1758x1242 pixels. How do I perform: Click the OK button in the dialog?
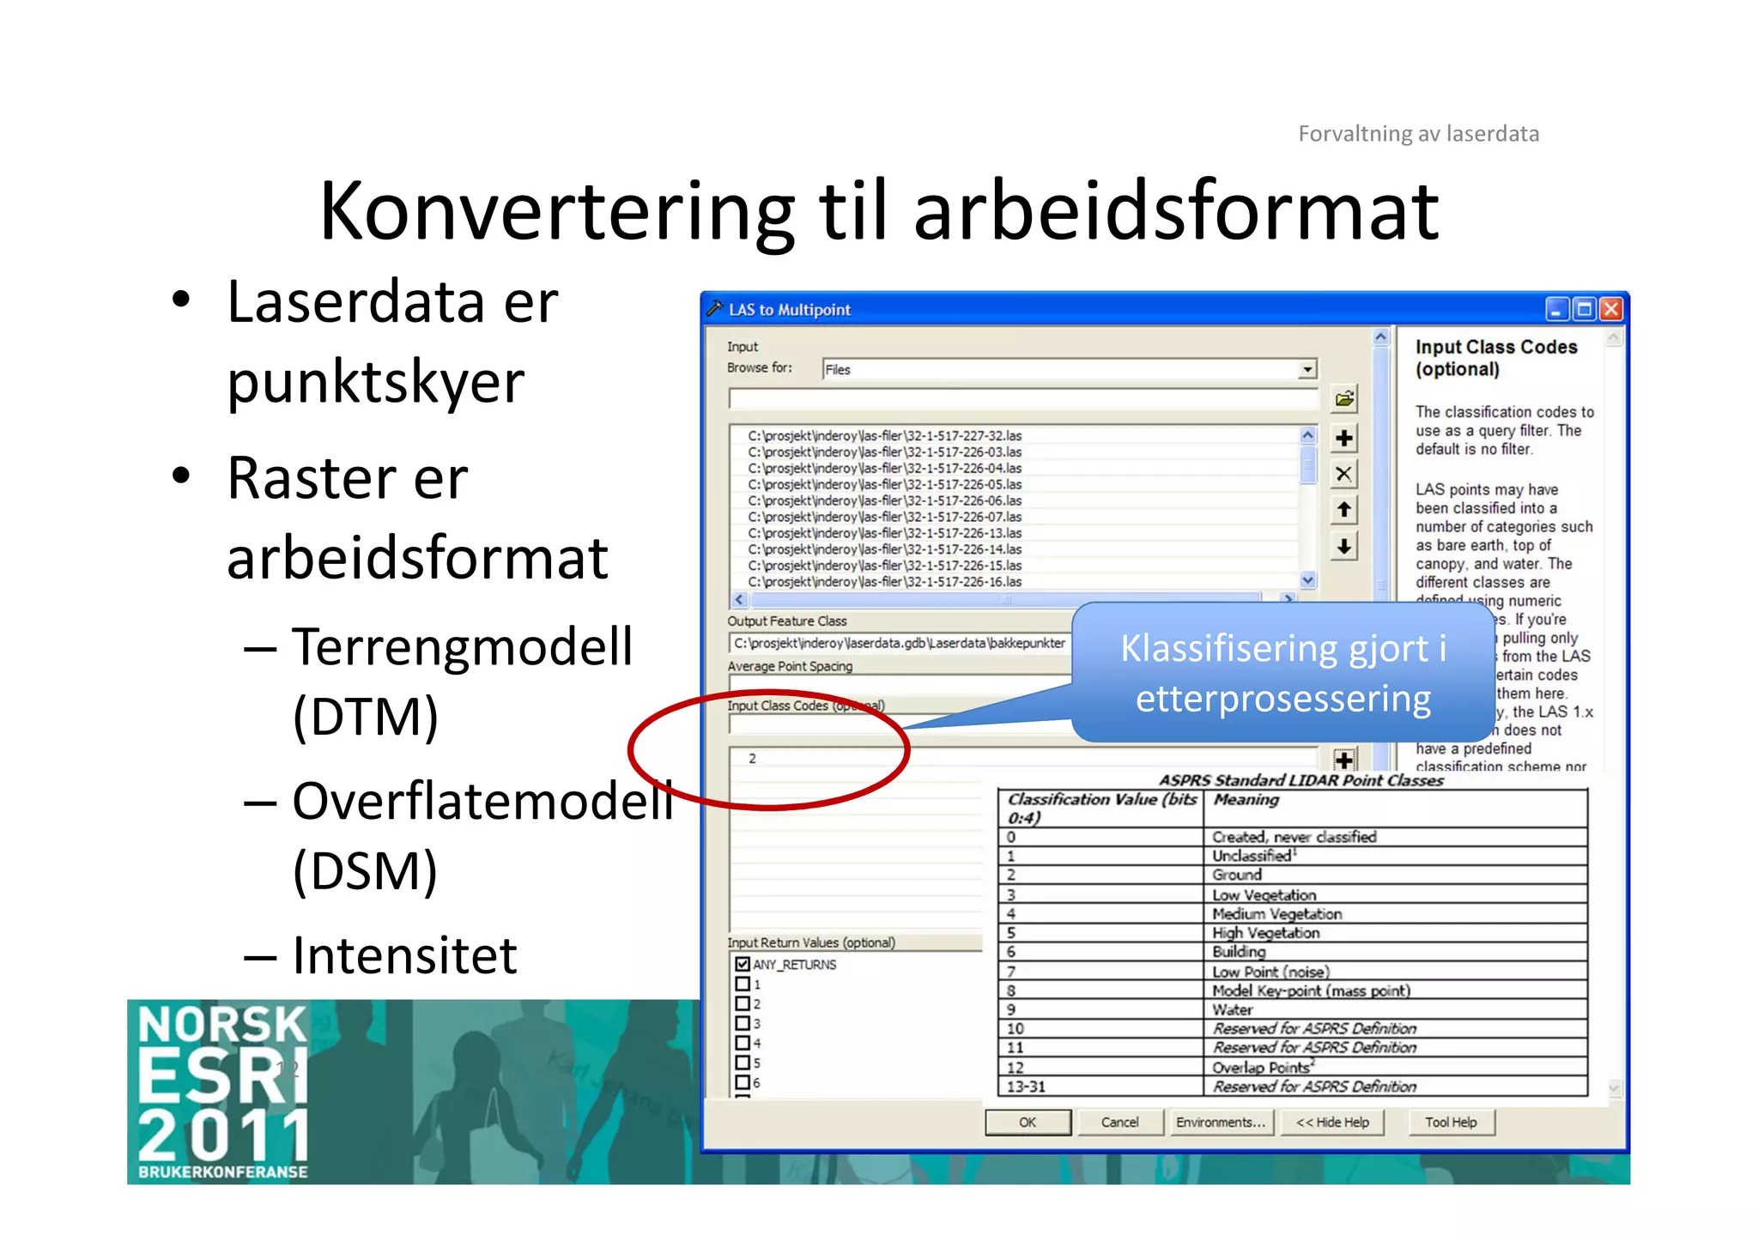pyautogui.click(x=1028, y=1122)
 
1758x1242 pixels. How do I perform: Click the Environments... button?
pyautogui.click(x=1220, y=1122)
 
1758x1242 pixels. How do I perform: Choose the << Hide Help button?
pyautogui.click(x=1332, y=1122)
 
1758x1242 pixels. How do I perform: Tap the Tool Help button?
pyautogui.click(x=1451, y=1122)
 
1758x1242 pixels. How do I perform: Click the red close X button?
pyautogui.click(x=1611, y=309)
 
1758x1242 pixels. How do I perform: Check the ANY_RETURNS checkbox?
pyautogui.click(x=743, y=965)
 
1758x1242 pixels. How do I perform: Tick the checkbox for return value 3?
pyautogui.click(x=743, y=1023)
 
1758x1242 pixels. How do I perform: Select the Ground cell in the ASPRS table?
pyautogui.click(x=1237, y=875)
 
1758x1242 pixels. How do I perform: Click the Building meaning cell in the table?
pyautogui.click(x=1239, y=951)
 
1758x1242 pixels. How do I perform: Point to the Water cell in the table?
pyautogui.click(x=1233, y=1009)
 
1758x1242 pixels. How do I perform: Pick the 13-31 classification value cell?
pyautogui.click(x=1026, y=1087)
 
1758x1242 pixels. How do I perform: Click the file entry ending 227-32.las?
pyautogui.click(x=885, y=436)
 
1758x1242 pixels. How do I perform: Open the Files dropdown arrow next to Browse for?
pyautogui.click(x=1306, y=370)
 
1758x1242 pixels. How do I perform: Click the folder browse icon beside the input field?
pyautogui.click(x=1344, y=399)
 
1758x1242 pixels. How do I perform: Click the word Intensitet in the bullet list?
pyautogui.click(x=404, y=955)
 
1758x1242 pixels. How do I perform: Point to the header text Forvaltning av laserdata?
pyautogui.click(x=1418, y=134)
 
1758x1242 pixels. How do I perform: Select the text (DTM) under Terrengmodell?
pyautogui.click(x=366, y=717)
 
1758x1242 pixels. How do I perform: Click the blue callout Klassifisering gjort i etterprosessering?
pyautogui.click(x=1282, y=673)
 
